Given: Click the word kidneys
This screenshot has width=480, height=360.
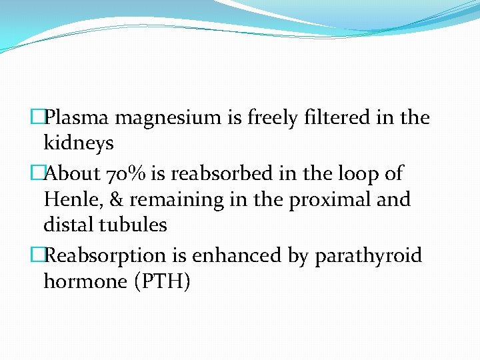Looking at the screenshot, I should click(79, 143).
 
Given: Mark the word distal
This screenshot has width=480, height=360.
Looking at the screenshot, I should click(69, 225).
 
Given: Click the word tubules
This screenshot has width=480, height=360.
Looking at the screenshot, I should click(133, 225).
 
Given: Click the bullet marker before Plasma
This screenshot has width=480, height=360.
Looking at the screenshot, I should click(39, 118).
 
